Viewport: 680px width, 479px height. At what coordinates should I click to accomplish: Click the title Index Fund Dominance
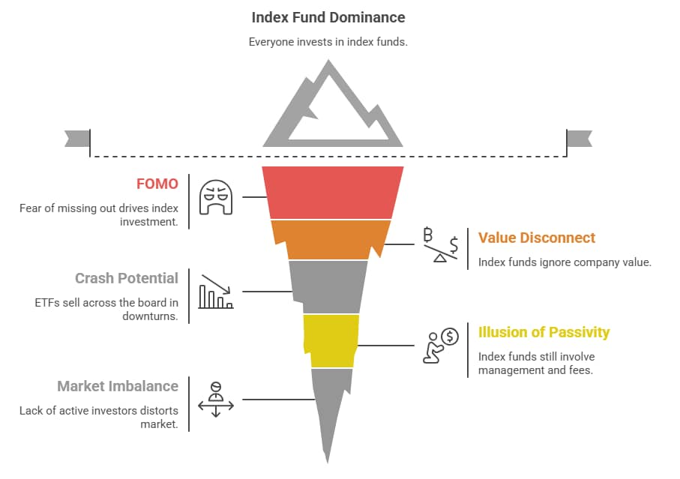[328, 16]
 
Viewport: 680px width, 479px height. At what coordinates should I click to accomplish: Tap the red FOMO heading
[157, 184]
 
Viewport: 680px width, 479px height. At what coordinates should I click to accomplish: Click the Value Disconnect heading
[537, 238]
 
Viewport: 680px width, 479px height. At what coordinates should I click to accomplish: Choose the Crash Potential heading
[127, 278]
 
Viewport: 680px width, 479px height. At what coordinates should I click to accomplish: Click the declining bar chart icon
[216, 292]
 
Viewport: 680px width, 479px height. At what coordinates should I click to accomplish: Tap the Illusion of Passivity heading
[544, 332]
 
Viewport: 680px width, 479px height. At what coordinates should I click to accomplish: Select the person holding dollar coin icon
[441, 346]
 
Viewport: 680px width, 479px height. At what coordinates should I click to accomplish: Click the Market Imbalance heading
[118, 386]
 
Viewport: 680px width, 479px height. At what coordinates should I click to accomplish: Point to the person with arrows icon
[216, 399]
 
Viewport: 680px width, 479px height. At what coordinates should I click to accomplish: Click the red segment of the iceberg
[333, 193]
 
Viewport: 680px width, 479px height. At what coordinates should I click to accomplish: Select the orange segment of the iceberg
[331, 239]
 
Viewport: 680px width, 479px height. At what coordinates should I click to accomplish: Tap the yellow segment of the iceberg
[331, 341]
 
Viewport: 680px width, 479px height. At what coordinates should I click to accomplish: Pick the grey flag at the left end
[77, 139]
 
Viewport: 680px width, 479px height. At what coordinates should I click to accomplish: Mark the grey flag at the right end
[579, 139]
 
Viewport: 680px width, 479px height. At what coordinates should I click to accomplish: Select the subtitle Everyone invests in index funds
[328, 42]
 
